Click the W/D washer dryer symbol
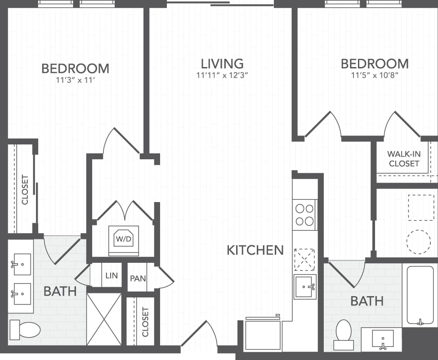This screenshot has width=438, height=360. coord(123,238)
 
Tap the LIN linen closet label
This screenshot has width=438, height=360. coord(111,275)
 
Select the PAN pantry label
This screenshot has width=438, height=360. coord(138,278)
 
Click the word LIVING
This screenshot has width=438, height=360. coord(222,63)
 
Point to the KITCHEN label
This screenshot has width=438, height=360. coord(255,250)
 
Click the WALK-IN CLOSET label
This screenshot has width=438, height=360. coord(404,159)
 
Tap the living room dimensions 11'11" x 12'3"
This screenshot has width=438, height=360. coord(222,75)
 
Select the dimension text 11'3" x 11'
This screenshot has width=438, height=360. coord(75,81)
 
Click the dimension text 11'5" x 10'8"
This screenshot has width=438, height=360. coord(375,75)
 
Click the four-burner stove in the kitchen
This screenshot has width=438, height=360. coord(304,215)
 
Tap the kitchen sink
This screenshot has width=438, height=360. coord(305,287)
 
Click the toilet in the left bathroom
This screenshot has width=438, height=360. coord(25,329)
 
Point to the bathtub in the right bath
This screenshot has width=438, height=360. coord(420,294)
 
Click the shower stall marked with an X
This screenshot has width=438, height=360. coord(104,319)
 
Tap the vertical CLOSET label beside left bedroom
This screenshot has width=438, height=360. coord(25,189)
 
